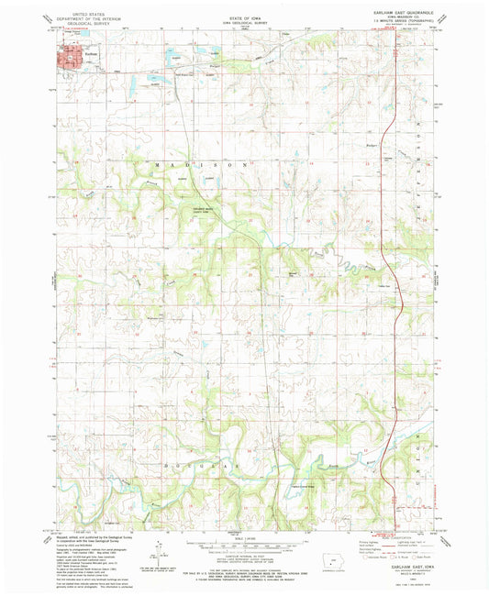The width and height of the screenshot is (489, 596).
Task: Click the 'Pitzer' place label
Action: click(371, 146)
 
